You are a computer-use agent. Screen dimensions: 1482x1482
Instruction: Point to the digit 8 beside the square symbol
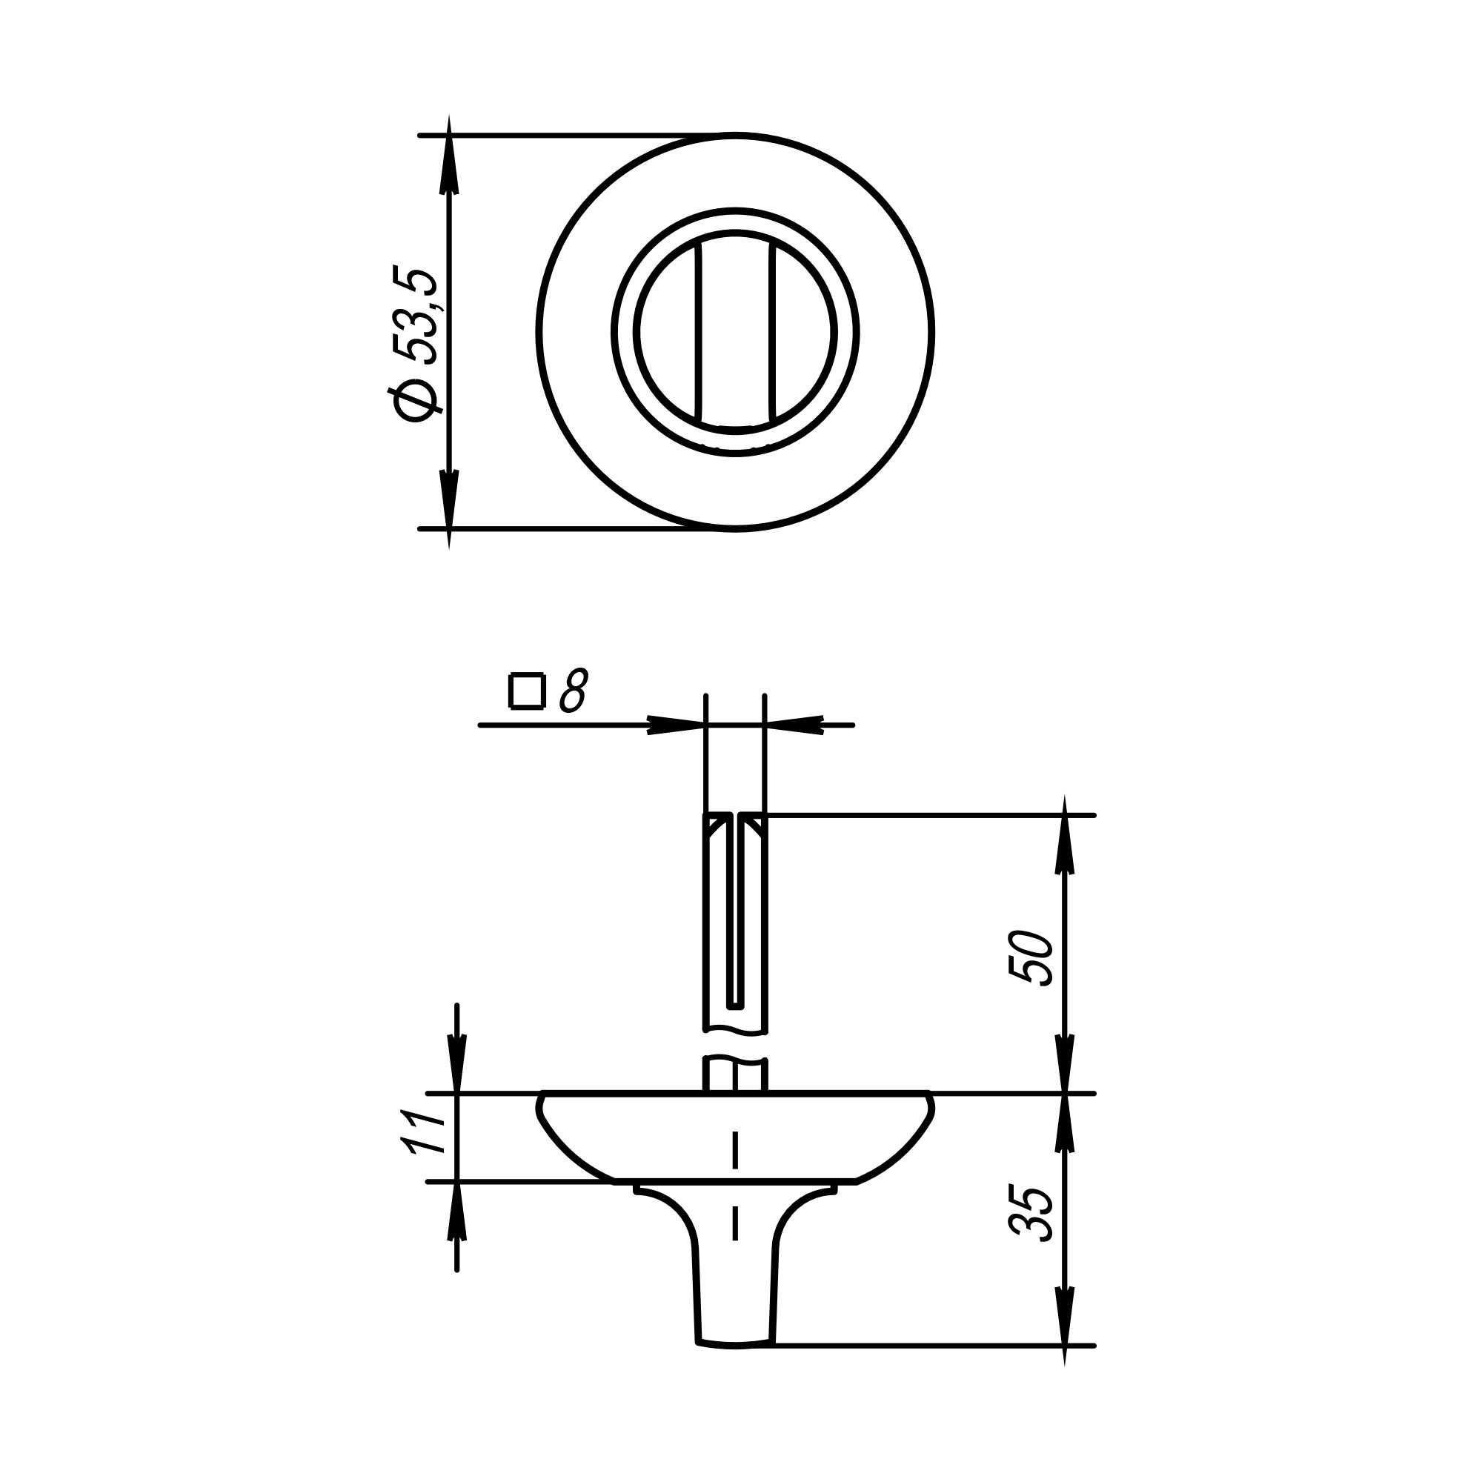573,691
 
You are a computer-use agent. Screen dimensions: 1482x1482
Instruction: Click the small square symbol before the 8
527,691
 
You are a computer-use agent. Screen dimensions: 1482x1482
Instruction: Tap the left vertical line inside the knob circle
698,332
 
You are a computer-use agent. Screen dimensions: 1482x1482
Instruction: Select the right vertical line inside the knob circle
771,332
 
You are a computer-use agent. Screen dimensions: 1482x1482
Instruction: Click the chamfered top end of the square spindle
735,823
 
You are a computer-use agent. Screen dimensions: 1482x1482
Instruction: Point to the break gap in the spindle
735,1045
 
